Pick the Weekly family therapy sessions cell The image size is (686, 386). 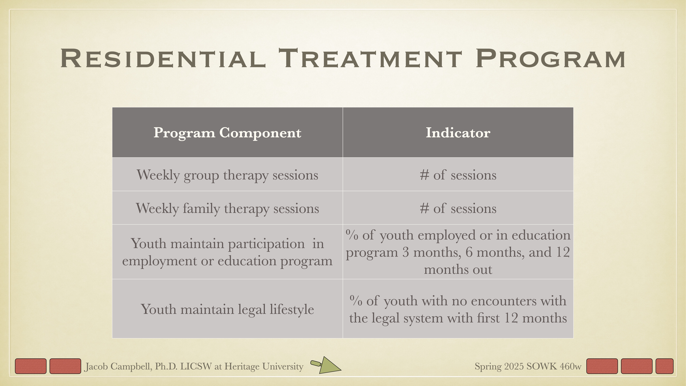[227, 208]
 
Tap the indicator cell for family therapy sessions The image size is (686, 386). [458, 208]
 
